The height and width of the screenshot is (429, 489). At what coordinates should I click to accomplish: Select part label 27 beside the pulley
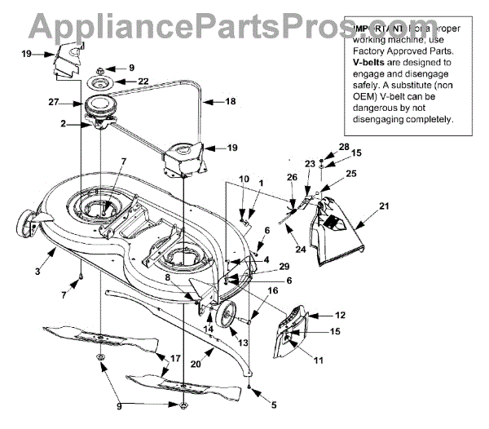click(x=55, y=102)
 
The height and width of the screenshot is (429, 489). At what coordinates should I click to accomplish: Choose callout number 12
click(x=341, y=314)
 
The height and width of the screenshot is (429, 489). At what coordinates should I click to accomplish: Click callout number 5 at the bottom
click(x=274, y=403)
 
